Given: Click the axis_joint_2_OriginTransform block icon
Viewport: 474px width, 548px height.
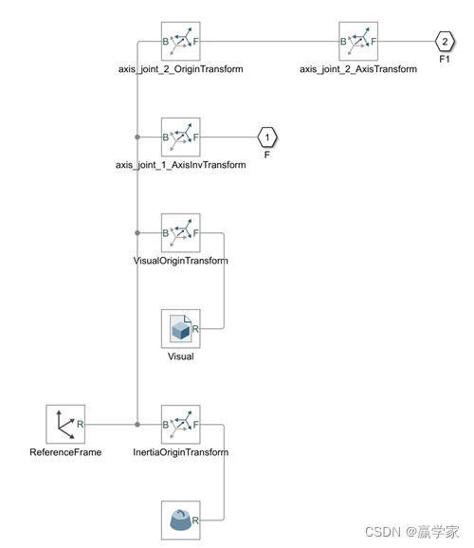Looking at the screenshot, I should (180, 42).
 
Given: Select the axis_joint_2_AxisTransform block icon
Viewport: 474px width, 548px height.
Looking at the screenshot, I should (358, 42).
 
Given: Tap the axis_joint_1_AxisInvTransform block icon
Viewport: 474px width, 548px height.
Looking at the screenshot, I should (180, 137).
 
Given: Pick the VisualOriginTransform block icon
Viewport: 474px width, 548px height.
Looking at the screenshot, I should (180, 232).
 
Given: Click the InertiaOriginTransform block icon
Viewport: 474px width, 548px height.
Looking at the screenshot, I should (180, 424).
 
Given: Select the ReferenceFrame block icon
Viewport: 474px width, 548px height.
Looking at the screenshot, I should (65, 424).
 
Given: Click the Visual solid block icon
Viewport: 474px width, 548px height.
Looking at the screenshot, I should (180, 328).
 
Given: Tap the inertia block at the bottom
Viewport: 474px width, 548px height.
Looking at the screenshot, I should (180, 520).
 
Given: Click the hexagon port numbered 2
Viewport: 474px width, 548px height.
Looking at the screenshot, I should (446, 42).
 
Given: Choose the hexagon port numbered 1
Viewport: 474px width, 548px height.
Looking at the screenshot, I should (267, 137).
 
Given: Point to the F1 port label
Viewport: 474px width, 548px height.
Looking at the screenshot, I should (446, 60).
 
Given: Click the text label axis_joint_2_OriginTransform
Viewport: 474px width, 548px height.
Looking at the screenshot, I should (180, 69).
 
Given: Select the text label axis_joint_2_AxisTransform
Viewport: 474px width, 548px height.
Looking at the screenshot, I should (358, 69).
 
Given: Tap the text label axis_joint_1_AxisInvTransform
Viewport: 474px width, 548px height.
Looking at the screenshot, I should (180, 165).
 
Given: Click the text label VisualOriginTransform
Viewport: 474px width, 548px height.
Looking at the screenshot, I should (180, 260).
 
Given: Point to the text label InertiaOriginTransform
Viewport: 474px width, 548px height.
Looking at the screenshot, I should (180, 452).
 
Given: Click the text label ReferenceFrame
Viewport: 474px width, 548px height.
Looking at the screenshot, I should (65, 452).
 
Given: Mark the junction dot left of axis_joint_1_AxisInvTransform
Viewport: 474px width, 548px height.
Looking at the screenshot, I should (138, 137).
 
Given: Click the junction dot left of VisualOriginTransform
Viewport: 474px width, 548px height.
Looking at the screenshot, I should (138, 232).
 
